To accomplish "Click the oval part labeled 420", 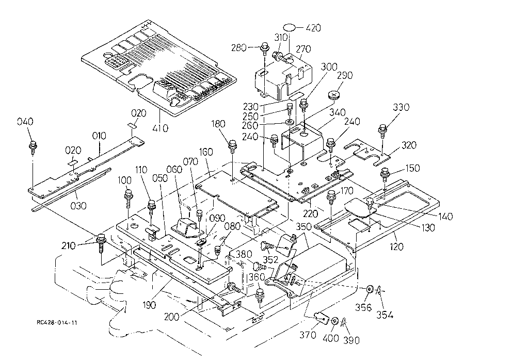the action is (x=289, y=27).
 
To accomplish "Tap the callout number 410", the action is (x=161, y=128).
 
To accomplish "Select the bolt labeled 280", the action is (x=264, y=49).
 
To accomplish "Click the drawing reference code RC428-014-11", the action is (x=57, y=323).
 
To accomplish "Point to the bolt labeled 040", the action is (x=33, y=147).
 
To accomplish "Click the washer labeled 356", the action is (x=370, y=289).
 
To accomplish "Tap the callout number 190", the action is (x=149, y=305).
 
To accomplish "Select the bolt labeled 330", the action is (x=382, y=131).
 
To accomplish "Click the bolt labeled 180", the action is (x=232, y=146).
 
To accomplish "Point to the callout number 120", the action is (x=396, y=246).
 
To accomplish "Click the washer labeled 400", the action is (x=335, y=321).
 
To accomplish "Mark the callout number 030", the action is (x=78, y=206).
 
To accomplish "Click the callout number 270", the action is (x=303, y=49).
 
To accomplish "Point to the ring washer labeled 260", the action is (x=290, y=123).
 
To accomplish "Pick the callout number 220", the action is (x=311, y=213).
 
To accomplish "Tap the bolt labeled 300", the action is (x=304, y=105).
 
